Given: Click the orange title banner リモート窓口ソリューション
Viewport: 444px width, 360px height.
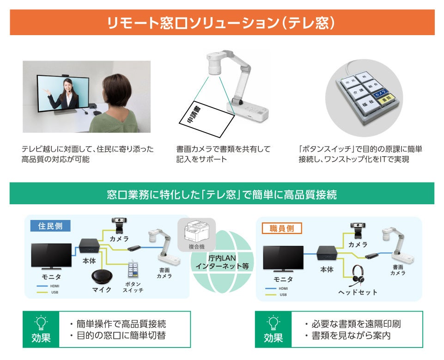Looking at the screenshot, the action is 222,22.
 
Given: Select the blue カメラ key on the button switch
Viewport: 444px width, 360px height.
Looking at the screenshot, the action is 380,92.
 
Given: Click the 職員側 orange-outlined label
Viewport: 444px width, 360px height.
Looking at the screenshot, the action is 282,228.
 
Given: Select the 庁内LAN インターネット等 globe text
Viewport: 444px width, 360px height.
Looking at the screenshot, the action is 222,262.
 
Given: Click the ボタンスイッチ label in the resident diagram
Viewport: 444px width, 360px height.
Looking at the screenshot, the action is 133,287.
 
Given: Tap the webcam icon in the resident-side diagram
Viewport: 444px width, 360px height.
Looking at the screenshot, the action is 119,225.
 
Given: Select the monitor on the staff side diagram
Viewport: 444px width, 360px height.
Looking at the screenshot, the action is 283,259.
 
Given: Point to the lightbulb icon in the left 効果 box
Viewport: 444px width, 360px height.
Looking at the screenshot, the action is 41,322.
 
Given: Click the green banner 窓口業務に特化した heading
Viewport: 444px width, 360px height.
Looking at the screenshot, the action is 222,194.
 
